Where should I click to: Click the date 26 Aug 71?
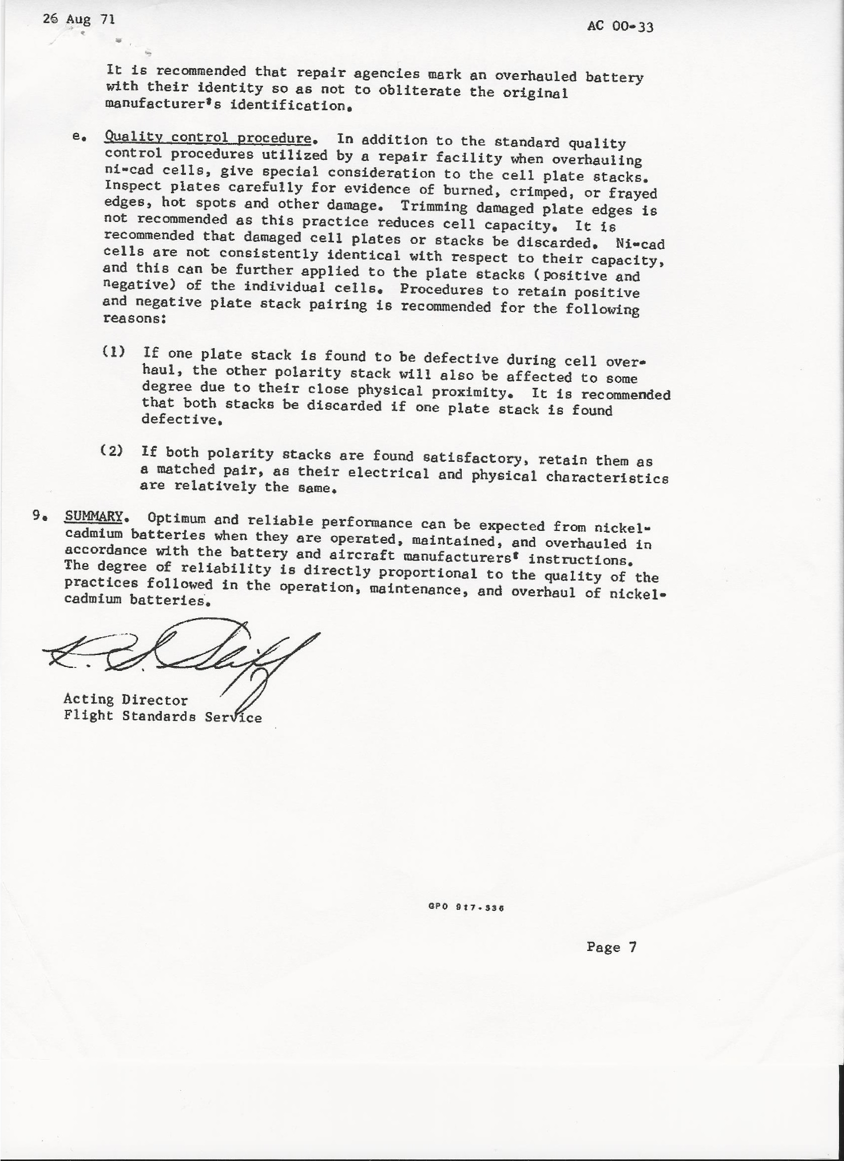click(x=79, y=19)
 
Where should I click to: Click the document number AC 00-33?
click(x=620, y=26)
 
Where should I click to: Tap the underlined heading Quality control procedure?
click(x=208, y=138)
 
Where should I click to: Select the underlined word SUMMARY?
click(x=94, y=516)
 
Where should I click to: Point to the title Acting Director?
click(x=126, y=699)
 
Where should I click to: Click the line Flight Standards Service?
click(x=163, y=716)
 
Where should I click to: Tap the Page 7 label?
click(x=611, y=947)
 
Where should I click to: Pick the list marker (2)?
click(x=111, y=450)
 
